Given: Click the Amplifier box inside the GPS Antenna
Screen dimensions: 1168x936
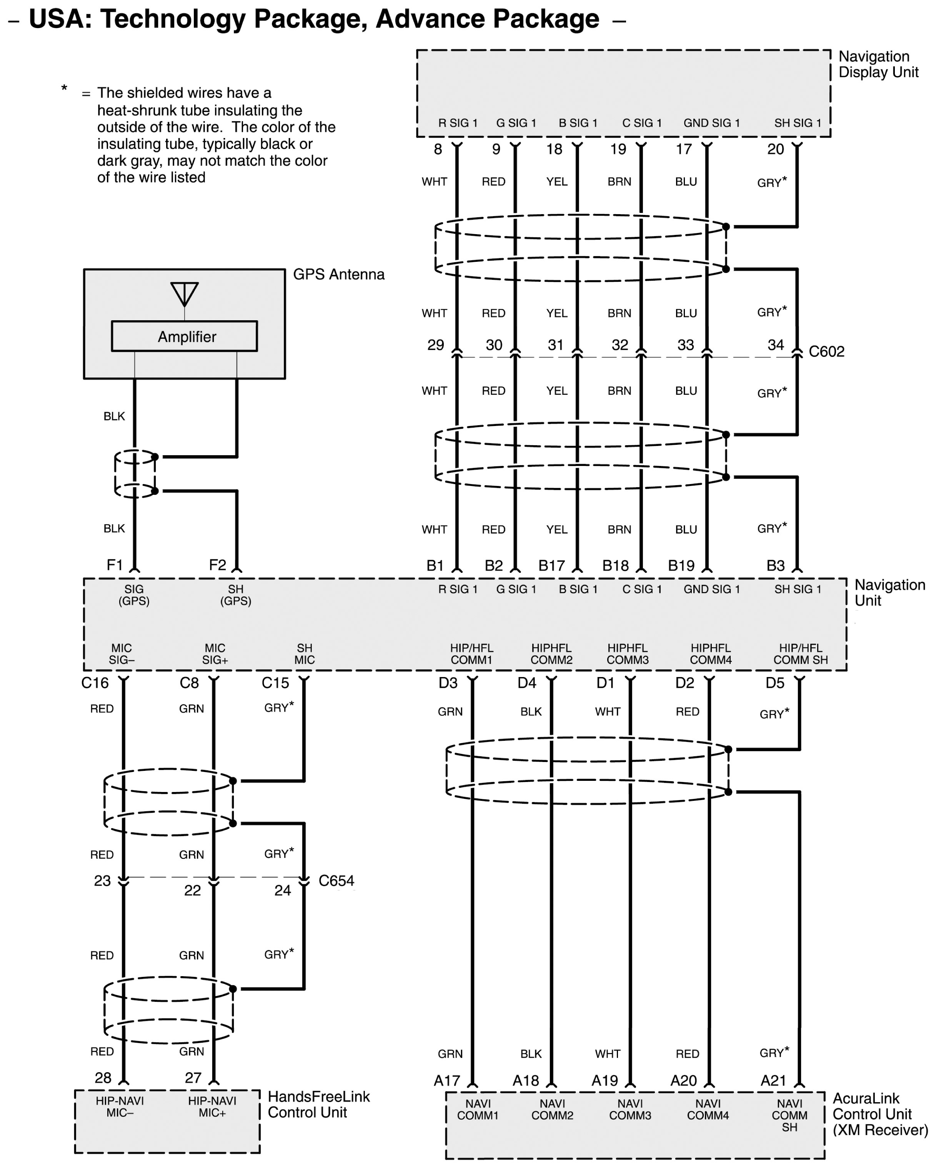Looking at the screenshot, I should click(x=184, y=336).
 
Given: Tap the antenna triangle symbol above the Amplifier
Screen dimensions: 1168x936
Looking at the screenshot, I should click(x=184, y=293).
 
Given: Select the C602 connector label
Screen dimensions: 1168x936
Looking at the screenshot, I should click(x=826, y=351).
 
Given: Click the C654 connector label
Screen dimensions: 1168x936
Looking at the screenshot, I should click(x=336, y=881).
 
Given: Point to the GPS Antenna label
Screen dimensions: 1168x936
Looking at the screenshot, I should click(x=339, y=275).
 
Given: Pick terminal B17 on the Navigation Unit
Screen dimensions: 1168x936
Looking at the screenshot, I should click(x=551, y=566).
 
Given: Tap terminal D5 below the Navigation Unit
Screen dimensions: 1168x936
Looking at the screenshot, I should click(x=774, y=683).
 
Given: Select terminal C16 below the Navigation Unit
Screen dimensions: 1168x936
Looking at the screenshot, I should click(x=95, y=683).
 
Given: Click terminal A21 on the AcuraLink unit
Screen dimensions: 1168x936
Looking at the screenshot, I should click(x=773, y=1081).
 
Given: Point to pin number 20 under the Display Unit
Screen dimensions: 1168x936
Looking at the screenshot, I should click(x=775, y=150).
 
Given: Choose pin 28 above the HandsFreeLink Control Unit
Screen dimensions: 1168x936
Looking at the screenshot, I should click(x=103, y=1078).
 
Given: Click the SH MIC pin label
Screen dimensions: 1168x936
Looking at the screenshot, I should click(x=304, y=654).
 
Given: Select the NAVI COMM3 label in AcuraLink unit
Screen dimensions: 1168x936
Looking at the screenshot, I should click(x=630, y=1110).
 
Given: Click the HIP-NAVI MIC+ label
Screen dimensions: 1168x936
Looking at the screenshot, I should click(x=212, y=1107).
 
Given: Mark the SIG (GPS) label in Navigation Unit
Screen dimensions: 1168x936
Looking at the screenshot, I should click(x=134, y=595).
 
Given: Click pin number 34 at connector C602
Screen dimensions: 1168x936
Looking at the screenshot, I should click(x=776, y=345).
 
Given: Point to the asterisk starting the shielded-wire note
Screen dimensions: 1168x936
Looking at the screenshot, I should click(x=64, y=88).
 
